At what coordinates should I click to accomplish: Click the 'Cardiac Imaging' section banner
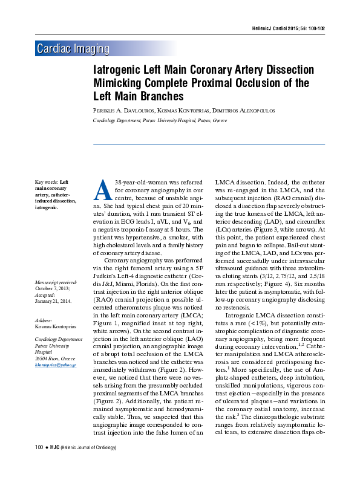pyautogui.click(x=73, y=49)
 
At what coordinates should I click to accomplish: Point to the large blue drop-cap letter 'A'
pyautogui.click(x=101, y=190)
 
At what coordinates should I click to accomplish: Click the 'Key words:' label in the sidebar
pyautogui.click(x=47, y=182)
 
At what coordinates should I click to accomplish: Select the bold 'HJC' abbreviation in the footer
pyautogui.click(x=53, y=464)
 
